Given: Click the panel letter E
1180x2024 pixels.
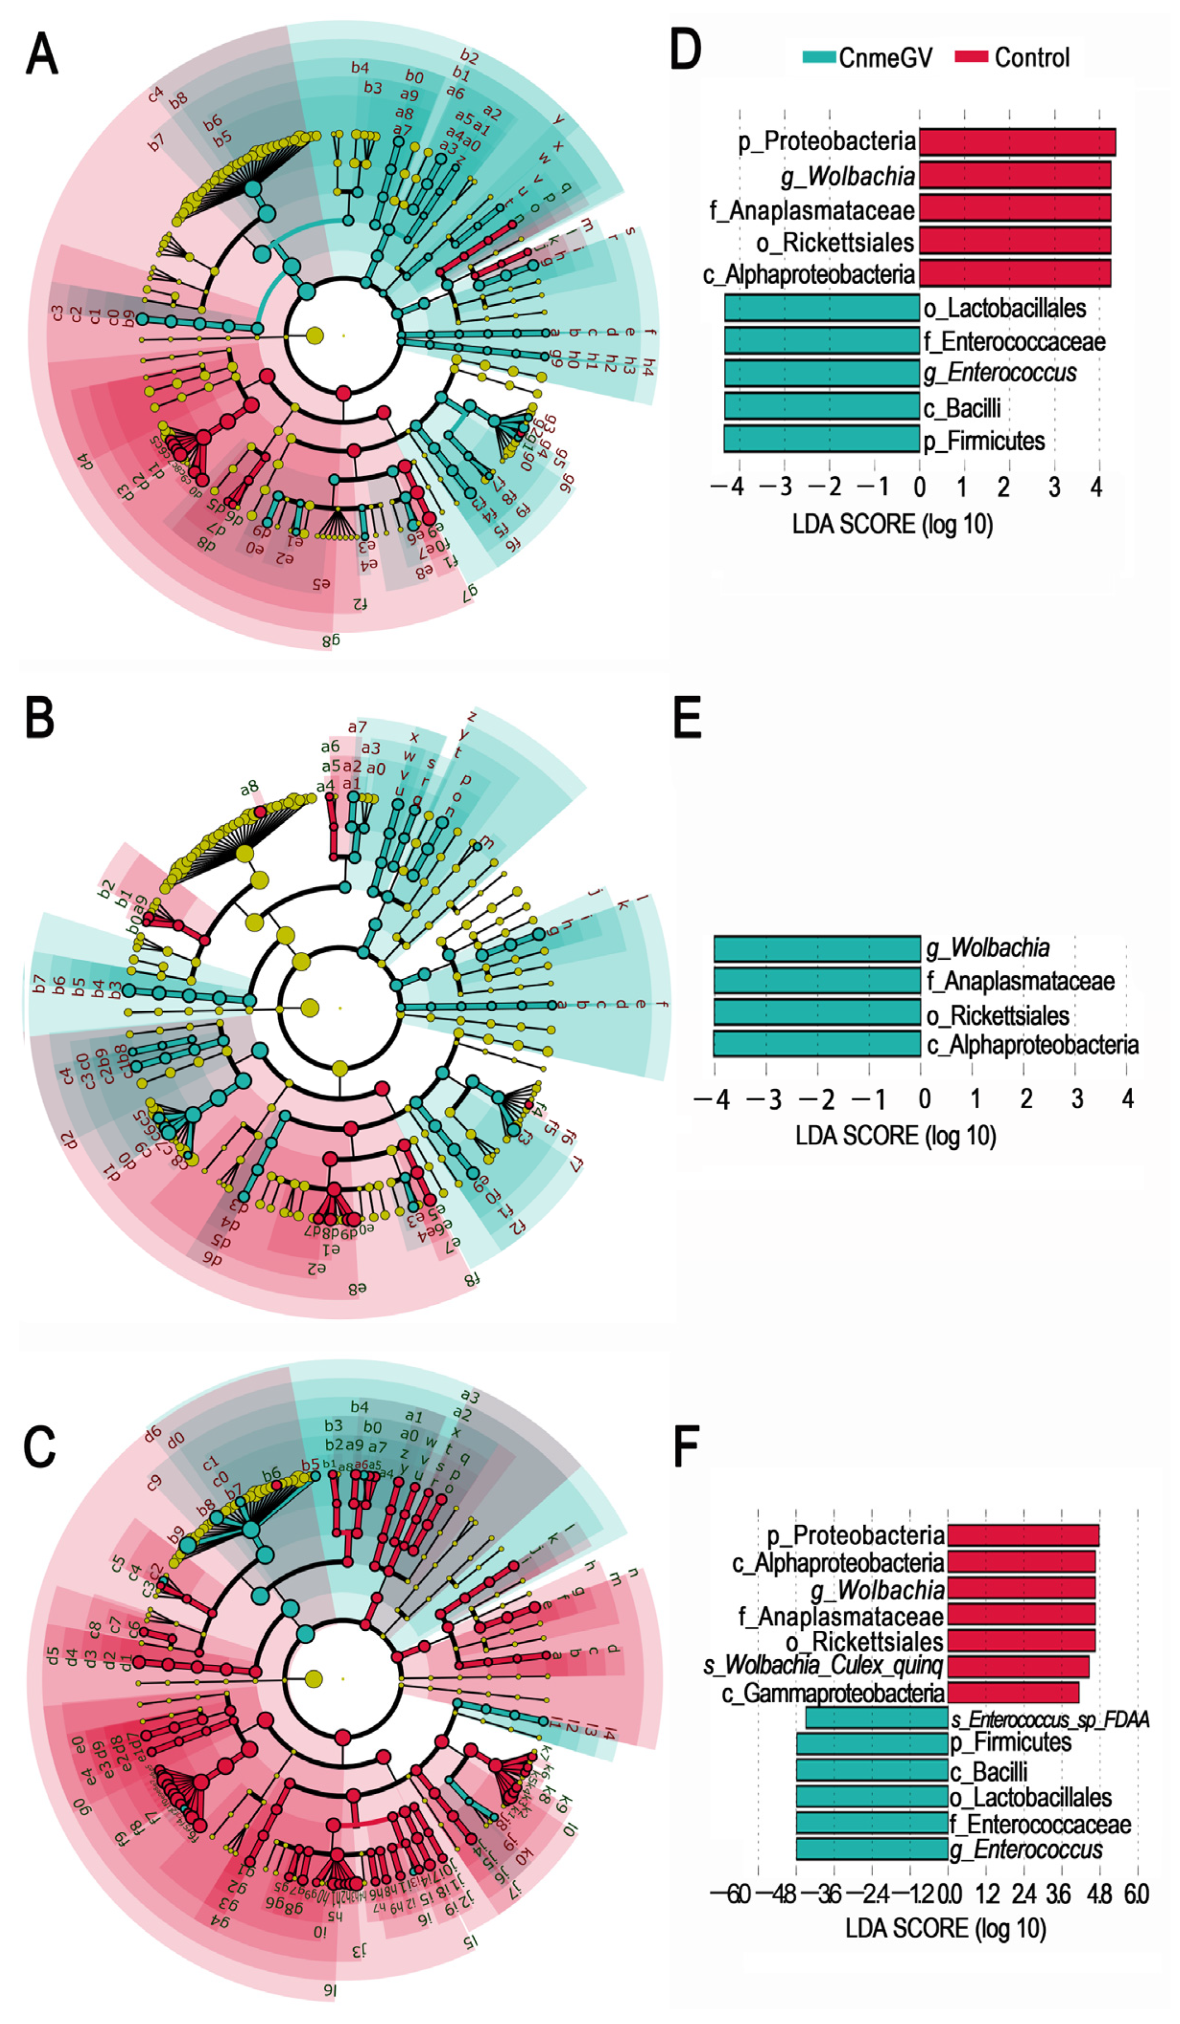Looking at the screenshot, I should [687, 717].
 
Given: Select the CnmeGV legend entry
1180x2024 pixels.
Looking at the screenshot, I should [867, 58].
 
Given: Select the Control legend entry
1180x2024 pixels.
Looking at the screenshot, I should [1012, 58].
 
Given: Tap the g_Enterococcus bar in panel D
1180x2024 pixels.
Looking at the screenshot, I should [822, 373].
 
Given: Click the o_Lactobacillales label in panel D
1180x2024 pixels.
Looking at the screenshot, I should [1004, 308].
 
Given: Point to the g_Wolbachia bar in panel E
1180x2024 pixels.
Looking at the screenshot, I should [817, 949].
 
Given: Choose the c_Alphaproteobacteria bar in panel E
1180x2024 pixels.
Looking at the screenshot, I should [817, 1044].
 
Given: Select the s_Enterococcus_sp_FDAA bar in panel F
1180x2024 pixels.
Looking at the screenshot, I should [877, 1719].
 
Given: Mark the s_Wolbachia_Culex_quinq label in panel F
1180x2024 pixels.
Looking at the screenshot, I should [824, 1665].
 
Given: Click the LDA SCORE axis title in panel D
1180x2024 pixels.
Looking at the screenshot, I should [892, 525].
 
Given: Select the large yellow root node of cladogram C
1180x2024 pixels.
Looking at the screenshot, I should [313, 1679].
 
